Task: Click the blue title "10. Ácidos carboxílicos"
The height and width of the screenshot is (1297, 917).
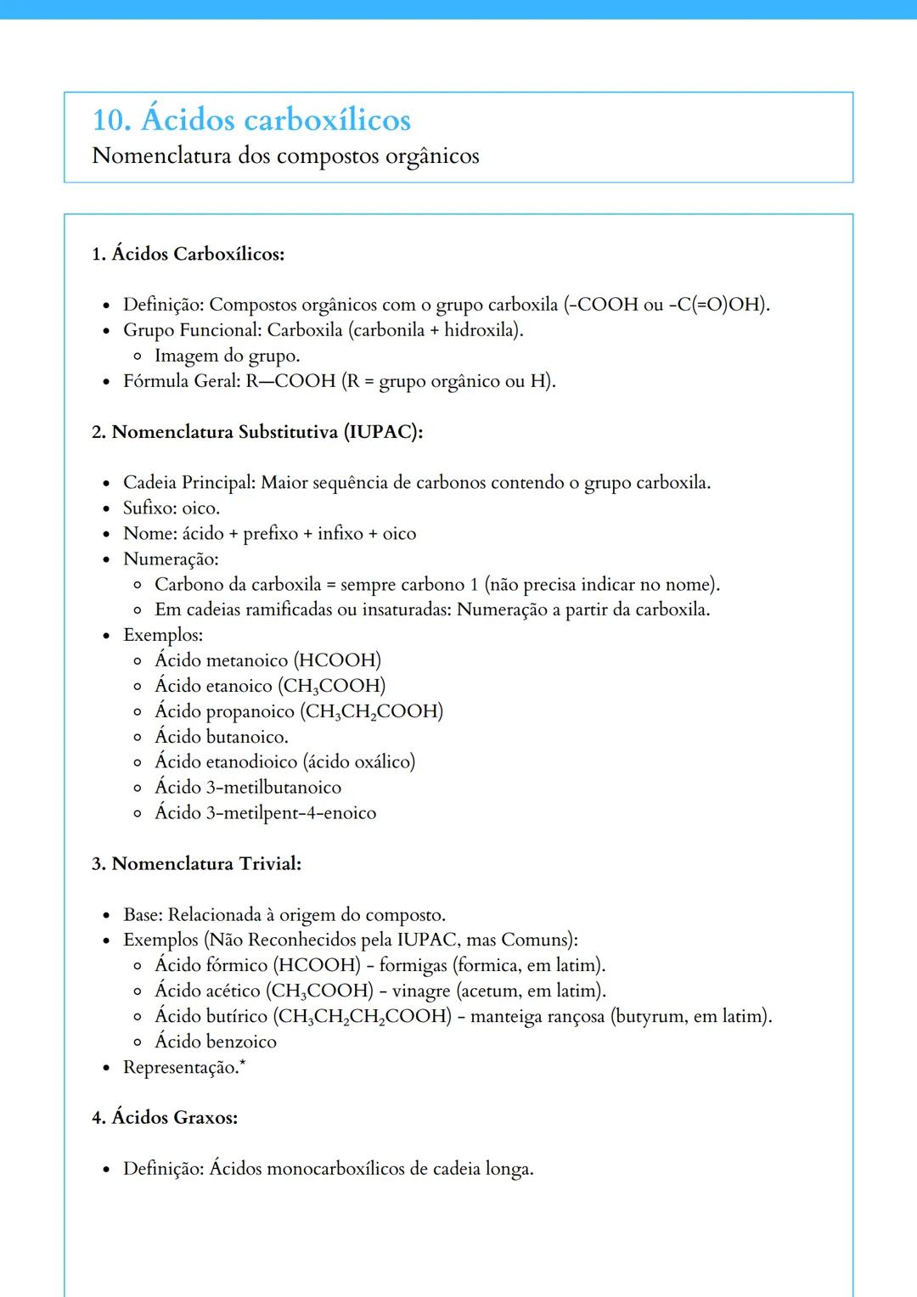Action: click(x=251, y=120)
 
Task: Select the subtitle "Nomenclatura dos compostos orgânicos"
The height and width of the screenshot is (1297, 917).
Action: click(x=285, y=156)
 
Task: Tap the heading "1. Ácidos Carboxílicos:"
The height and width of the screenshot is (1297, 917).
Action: click(x=188, y=254)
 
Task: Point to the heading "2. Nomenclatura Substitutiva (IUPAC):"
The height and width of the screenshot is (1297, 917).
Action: click(x=257, y=432)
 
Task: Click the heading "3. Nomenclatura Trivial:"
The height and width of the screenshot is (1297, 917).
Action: click(x=196, y=864)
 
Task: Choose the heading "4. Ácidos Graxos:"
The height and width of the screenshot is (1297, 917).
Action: click(x=165, y=1118)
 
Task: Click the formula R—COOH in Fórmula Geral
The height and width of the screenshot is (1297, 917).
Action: click(x=290, y=381)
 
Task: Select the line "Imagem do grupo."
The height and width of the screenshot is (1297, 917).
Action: click(x=227, y=356)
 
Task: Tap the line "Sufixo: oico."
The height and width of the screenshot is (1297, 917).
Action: click(x=172, y=508)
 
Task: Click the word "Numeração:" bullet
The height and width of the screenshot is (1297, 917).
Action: click(x=171, y=559)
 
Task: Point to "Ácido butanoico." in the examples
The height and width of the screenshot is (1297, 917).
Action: click(x=221, y=737)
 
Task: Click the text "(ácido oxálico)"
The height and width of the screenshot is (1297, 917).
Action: click(x=359, y=762)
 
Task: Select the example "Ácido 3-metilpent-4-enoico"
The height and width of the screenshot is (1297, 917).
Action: click(x=265, y=813)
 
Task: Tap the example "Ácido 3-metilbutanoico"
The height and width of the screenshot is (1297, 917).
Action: click(x=248, y=788)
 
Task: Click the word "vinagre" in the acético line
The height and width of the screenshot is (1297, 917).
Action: click(x=421, y=991)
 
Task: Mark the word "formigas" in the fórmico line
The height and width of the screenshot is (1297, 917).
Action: click(x=413, y=966)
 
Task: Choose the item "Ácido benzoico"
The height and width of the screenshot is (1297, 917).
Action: click(x=216, y=1042)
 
